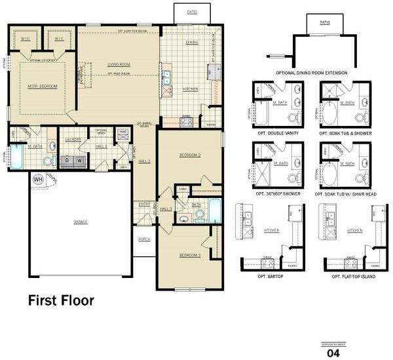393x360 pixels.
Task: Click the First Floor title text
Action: pyautogui.click(x=61, y=301)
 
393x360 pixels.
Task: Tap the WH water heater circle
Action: pyautogui.click(x=38, y=178)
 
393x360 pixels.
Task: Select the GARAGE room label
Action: pyautogui.click(x=81, y=221)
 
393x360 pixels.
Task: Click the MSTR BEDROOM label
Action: pyautogui.click(x=42, y=87)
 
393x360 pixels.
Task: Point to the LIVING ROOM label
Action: pyautogui.click(x=119, y=64)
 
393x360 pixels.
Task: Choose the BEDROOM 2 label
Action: pyautogui.click(x=189, y=155)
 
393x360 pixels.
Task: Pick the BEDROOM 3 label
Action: pyautogui.click(x=189, y=255)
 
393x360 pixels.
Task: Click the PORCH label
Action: pyautogui.click(x=144, y=239)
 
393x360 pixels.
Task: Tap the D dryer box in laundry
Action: pyautogui.click(x=65, y=159)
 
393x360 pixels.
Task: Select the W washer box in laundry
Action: pyautogui.click(x=79, y=159)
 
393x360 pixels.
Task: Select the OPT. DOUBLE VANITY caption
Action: pyautogui.click(x=277, y=134)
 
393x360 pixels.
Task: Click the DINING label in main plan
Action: pyautogui.click(x=192, y=43)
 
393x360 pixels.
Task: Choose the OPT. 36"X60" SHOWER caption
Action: pyautogui.click(x=277, y=194)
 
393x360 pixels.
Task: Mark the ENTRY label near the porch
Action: pyautogui.click(x=144, y=205)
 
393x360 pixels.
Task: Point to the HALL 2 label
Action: pyautogui.click(x=144, y=161)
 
